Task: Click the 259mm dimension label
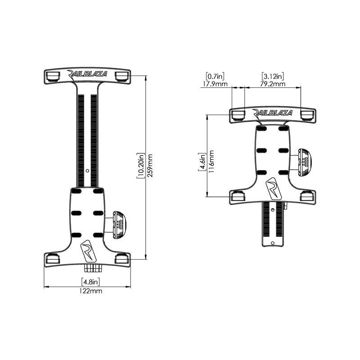pos(150,166)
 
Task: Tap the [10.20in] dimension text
pos(141,166)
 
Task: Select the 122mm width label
pos(90,291)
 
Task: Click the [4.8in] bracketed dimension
pos(90,282)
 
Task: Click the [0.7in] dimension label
pos(216,76)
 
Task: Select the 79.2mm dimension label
pos(273,84)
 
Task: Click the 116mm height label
pos(212,161)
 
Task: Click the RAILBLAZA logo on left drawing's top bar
pos(87,74)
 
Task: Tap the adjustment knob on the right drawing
pos(305,162)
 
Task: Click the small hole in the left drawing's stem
pos(87,171)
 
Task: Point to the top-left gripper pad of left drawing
pos(52,76)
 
